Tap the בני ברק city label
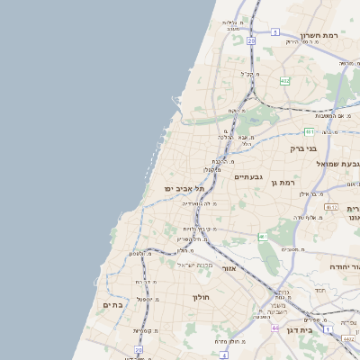pyautogui.click(x=303, y=148)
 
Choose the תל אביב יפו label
pyautogui.click(x=184, y=189)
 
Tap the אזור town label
pyautogui.click(x=229, y=268)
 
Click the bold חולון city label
pyautogui.click(x=200, y=296)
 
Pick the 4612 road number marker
pyautogui.click(x=331, y=206)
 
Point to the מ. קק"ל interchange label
pyautogui.click(x=251, y=75)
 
